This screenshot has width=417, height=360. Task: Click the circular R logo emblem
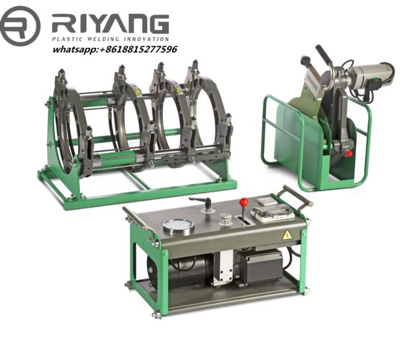(21, 26)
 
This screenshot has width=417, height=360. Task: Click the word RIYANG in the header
(111, 24)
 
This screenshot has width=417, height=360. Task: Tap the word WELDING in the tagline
(103, 39)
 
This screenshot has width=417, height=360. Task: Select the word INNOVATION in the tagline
(146, 39)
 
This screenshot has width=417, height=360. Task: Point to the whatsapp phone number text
(115, 50)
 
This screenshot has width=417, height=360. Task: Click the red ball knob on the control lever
(244, 202)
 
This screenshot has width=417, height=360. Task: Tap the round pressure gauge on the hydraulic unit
(178, 227)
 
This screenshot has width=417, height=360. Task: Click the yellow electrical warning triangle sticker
(287, 235)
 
